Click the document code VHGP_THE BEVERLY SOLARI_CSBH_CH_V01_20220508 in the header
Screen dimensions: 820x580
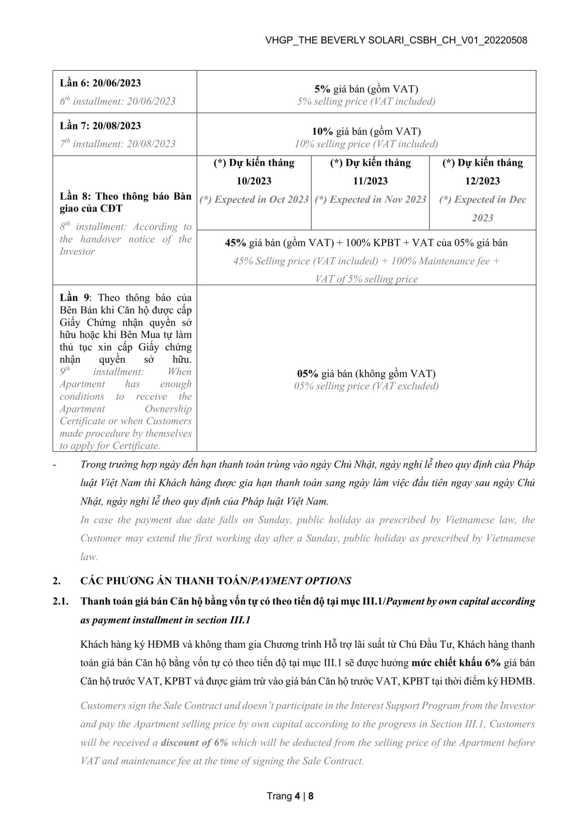[x=396, y=40]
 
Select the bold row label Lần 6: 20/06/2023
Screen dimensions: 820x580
[x=100, y=83]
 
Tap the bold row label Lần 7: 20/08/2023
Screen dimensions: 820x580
[x=100, y=125]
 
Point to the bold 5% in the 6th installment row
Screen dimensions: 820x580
[x=322, y=89]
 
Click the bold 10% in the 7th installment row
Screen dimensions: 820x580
[x=322, y=132]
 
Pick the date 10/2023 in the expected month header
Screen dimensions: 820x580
[x=254, y=181]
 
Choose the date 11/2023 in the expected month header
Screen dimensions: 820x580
[x=370, y=181]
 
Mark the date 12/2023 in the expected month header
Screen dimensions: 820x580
[x=482, y=181]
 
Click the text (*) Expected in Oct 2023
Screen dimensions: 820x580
[x=254, y=200]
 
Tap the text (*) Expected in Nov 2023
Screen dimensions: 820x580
[x=370, y=200]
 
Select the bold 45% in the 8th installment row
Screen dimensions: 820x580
[x=235, y=243]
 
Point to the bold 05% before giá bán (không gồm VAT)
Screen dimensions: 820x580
[x=308, y=374]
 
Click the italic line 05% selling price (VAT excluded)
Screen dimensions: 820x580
[x=366, y=386]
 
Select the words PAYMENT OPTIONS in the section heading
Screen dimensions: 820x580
[x=301, y=581]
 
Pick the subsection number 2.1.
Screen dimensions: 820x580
[x=60, y=601]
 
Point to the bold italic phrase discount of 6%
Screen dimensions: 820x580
[x=194, y=743]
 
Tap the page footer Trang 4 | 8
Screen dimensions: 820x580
[x=290, y=796]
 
